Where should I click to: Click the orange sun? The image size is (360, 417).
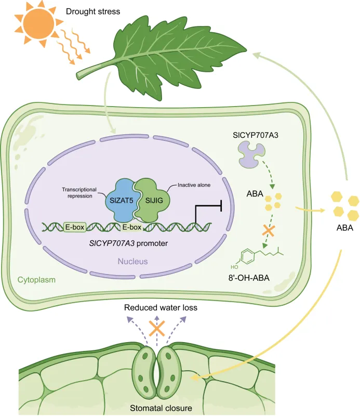(38, 24)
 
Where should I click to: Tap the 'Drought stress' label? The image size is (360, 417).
(93, 11)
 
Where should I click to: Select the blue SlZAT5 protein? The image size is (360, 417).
(121, 200)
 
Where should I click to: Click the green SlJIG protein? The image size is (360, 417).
(153, 200)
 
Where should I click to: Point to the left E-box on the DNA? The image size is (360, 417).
(75, 227)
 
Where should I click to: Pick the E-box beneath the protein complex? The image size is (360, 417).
(132, 227)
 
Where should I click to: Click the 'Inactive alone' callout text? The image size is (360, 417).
(194, 185)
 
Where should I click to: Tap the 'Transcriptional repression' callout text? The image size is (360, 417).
(79, 192)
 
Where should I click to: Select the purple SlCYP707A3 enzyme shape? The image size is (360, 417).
(251, 154)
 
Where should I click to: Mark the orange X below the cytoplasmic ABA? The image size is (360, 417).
(269, 230)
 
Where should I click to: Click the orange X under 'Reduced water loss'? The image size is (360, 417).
(157, 328)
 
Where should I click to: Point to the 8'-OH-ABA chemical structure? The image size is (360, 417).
(257, 257)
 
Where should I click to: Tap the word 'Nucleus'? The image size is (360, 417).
(132, 261)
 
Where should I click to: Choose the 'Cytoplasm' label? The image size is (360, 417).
(36, 280)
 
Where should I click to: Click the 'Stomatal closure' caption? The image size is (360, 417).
(161, 408)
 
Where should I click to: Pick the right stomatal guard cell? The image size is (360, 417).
(169, 371)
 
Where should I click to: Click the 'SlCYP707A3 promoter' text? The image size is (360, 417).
(128, 243)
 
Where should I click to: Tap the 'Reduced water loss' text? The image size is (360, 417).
(161, 307)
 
